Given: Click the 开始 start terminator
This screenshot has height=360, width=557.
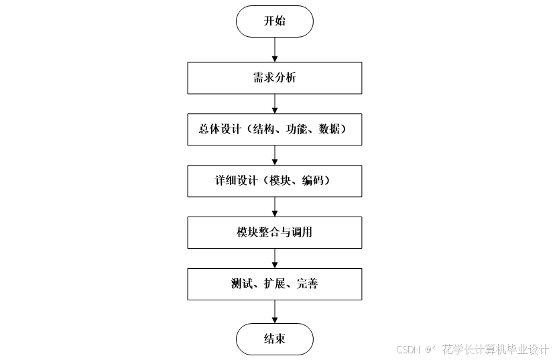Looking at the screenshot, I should (x=274, y=21).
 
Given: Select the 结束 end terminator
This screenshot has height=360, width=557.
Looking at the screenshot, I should (x=274, y=339).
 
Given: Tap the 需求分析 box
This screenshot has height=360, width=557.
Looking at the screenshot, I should (x=274, y=78).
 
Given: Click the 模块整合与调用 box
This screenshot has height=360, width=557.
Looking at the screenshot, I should (x=274, y=233).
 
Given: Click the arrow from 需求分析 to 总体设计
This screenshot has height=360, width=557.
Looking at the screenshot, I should (x=274, y=105).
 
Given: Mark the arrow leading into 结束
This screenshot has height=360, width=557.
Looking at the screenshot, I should (x=274, y=312).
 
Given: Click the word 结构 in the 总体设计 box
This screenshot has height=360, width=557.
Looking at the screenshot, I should (x=263, y=130).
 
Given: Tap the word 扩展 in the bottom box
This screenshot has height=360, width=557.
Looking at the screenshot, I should (x=270, y=284).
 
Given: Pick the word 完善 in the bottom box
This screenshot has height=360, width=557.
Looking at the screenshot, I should (x=307, y=284).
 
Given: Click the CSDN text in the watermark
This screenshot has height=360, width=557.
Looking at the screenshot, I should (x=408, y=349).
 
